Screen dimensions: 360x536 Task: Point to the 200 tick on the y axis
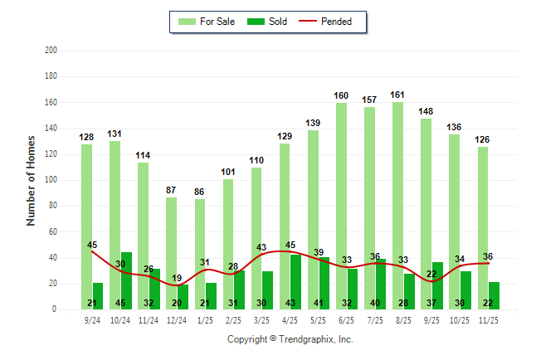(x=51, y=51)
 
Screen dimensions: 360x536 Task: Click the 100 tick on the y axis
(x=51, y=180)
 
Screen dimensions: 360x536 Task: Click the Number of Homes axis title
(x=31, y=180)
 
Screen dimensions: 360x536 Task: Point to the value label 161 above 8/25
(x=397, y=95)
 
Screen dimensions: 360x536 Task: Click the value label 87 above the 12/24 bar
(x=172, y=190)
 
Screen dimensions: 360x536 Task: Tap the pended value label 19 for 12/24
(x=178, y=278)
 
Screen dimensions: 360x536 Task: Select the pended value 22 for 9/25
(x=431, y=274)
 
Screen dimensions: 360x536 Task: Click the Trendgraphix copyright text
(x=290, y=339)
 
